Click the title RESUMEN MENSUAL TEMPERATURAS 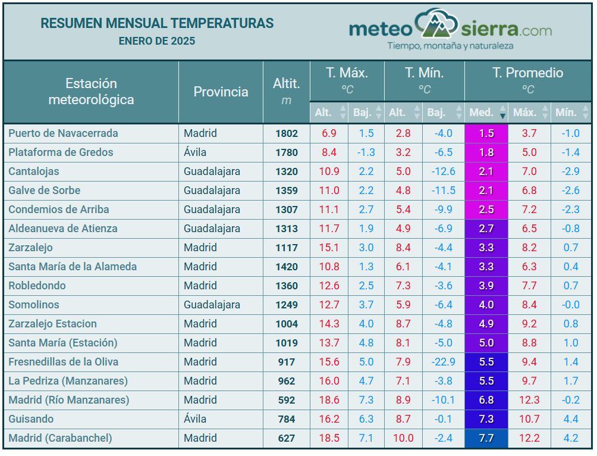(x=157, y=23)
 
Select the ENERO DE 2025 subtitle (x=157, y=41)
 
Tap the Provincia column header (x=221, y=92)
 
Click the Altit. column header (x=286, y=84)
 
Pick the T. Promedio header (x=527, y=73)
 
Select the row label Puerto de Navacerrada (x=63, y=133)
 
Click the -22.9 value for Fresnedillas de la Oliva (x=443, y=362)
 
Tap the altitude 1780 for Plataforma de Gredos (x=286, y=152)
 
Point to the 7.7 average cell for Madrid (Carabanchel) (x=486, y=438)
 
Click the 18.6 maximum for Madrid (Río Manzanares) (x=329, y=400)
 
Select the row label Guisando (x=31, y=419)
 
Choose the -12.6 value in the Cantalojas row (x=443, y=171)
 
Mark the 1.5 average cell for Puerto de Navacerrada (x=486, y=133)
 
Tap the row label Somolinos (x=34, y=305)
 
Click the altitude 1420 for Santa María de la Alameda (x=286, y=267)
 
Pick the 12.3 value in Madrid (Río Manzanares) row (x=529, y=400)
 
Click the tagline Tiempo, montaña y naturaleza (x=450, y=46)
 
